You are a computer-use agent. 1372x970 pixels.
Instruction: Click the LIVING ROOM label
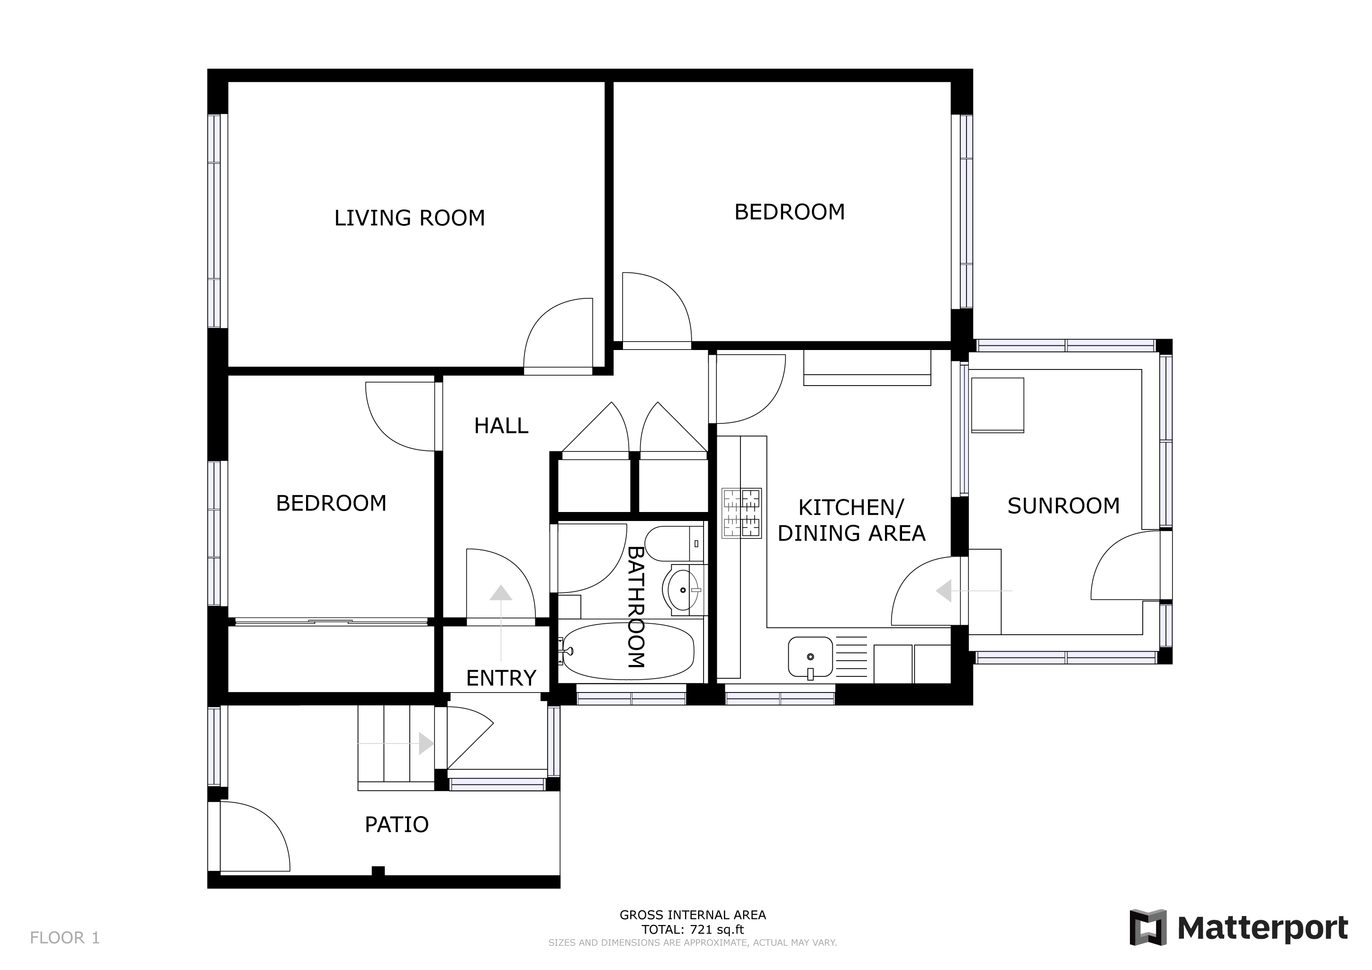(409, 218)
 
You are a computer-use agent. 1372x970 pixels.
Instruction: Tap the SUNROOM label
(1064, 506)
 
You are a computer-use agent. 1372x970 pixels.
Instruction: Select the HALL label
(501, 426)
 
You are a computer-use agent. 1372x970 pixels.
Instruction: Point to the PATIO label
(397, 825)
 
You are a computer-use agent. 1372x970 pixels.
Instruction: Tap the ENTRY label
(501, 679)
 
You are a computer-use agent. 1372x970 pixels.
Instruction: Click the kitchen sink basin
(810, 657)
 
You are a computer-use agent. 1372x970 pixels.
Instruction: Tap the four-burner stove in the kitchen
(741, 513)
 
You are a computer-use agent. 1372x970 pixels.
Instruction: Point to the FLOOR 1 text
(64, 938)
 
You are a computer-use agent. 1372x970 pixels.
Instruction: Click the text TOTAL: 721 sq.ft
(693, 929)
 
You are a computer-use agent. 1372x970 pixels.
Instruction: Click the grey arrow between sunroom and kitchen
(974, 591)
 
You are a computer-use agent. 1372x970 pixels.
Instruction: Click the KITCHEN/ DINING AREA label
(851, 520)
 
